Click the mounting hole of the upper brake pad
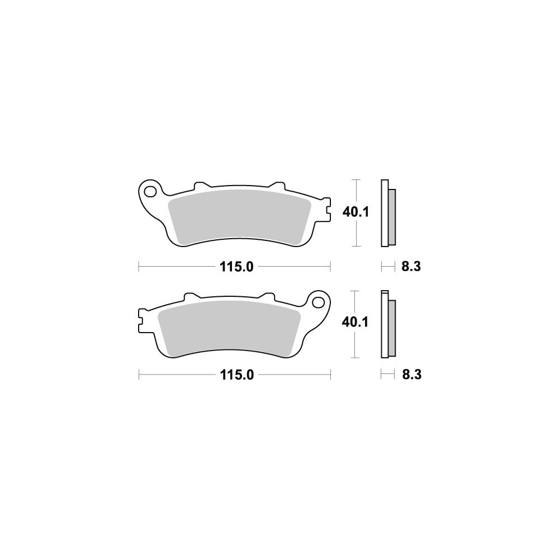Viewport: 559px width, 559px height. click(x=150, y=191)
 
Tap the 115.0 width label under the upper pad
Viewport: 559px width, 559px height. click(x=236, y=266)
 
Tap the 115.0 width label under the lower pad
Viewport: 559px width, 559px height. click(x=236, y=375)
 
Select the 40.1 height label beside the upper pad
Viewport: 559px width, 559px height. click(x=356, y=212)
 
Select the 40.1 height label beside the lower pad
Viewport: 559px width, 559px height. click(x=355, y=323)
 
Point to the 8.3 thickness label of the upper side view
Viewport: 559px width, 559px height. click(x=411, y=266)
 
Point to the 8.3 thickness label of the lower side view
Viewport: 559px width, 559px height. click(x=412, y=375)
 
